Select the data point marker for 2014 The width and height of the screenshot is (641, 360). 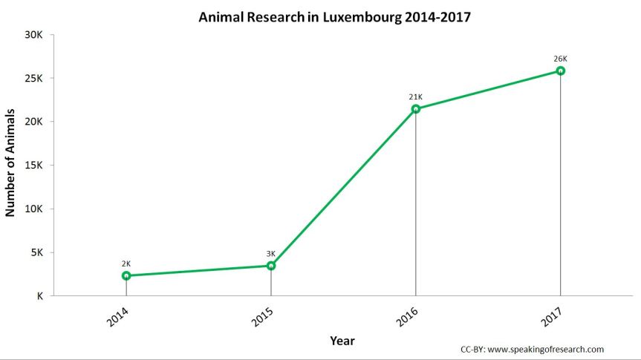click(x=126, y=275)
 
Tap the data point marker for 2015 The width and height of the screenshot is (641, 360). click(x=271, y=265)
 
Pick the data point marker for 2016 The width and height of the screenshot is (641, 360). click(x=415, y=109)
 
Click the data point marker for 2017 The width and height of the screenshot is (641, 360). click(x=561, y=71)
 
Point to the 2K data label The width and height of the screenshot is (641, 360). click(x=126, y=264)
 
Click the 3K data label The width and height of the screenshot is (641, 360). click(x=271, y=253)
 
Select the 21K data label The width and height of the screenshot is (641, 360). click(x=415, y=96)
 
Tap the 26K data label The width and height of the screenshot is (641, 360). click(x=561, y=59)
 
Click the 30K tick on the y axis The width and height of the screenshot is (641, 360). click(x=35, y=35)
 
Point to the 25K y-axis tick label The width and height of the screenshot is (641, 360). click(x=35, y=79)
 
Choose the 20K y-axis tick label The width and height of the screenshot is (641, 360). click(x=35, y=122)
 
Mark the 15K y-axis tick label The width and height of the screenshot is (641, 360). click(x=35, y=166)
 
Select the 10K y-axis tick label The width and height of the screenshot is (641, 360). click(x=35, y=209)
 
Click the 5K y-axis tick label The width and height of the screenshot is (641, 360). click(x=37, y=252)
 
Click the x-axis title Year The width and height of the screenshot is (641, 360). click(x=342, y=341)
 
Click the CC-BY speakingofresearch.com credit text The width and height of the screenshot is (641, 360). click(x=532, y=349)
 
